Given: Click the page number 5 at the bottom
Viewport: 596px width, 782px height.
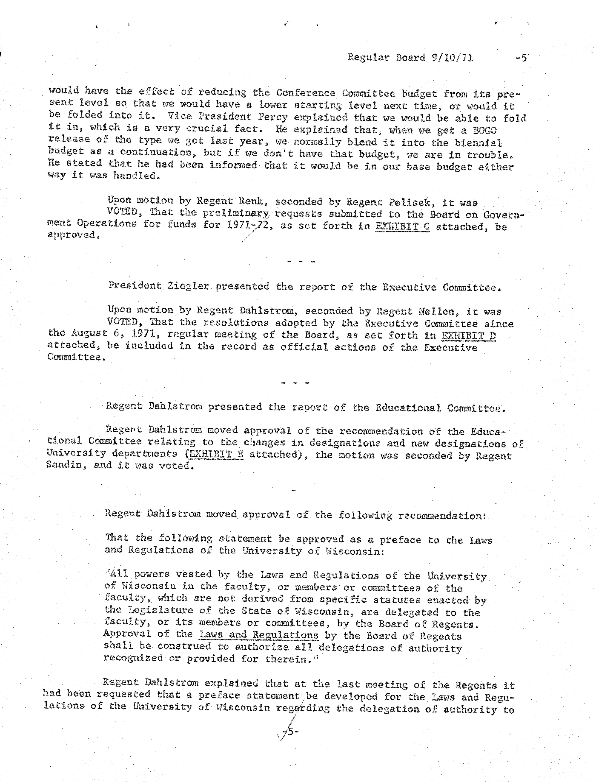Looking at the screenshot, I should point(291,731).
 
